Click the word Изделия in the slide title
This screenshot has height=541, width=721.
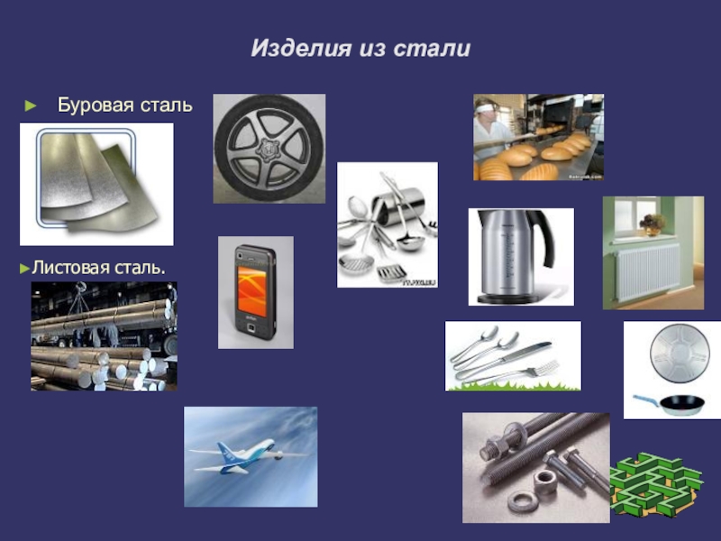coord(301,49)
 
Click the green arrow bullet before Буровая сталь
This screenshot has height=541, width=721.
coord(31,105)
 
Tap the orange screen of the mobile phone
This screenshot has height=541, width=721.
coord(251,290)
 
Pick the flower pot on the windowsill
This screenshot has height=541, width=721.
coord(653,225)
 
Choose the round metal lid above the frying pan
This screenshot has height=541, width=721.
coord(680,353)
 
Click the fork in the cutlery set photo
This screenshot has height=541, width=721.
coord(510,372)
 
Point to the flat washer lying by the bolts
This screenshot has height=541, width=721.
coord(523,500)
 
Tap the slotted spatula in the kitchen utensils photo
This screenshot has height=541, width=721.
coord(391,272)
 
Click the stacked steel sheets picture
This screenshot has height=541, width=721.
coord(96,184)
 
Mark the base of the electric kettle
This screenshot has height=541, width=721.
coord(508,299)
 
